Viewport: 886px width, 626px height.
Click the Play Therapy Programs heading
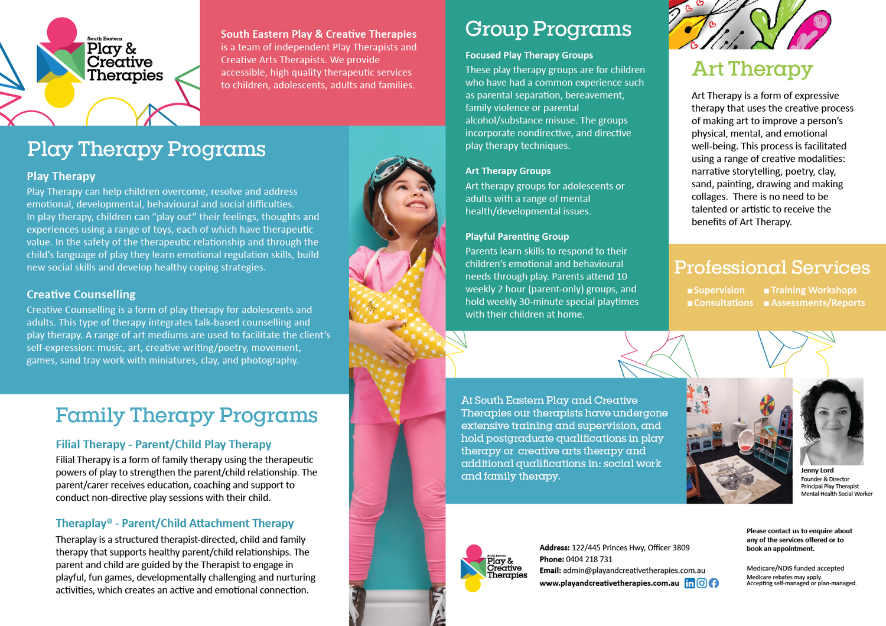(146, 149)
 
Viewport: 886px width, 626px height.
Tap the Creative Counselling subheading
(81, 294)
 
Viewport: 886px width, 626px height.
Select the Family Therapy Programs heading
(186, 415)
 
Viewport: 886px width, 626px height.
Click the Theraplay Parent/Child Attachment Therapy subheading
(174, 523)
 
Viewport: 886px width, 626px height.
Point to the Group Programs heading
(548, 29)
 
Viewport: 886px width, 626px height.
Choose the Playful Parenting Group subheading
(517, 236)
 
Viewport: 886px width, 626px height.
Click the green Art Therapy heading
(752, 69)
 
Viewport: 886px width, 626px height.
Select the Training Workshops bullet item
(813, 290)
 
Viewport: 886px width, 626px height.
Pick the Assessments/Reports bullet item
(817, 303)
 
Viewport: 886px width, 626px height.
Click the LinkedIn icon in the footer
(689, 583)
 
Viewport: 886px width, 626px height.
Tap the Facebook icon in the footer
(714, 583)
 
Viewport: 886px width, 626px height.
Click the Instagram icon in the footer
(702, 583)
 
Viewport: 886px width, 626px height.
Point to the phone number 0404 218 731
(589, 559)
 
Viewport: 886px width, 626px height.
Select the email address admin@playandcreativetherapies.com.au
(634, 570)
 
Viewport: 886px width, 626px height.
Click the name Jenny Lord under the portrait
(817, 471)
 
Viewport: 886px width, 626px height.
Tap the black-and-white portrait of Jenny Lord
(832, 422)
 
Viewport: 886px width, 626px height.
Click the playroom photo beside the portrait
(739, 441)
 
